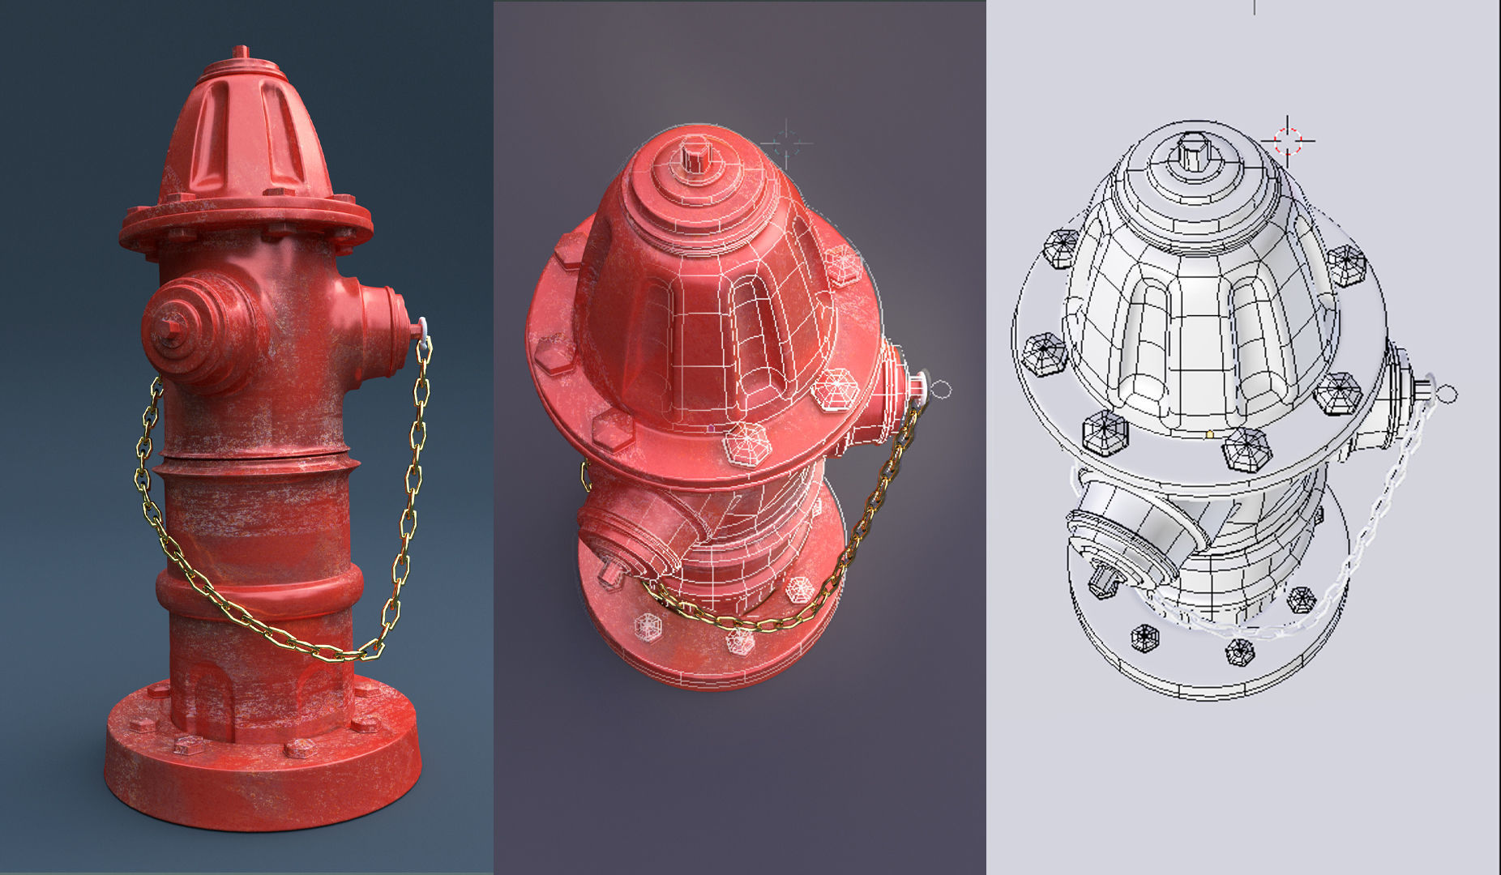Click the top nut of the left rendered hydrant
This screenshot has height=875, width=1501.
pos(240,53)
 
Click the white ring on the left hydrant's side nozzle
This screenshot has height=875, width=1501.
pos(422,329)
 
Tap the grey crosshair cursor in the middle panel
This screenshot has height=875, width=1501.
pos(785,145)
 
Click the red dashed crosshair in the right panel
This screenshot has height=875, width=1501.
pos(1288,140)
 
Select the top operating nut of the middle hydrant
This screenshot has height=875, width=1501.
pos(693,154)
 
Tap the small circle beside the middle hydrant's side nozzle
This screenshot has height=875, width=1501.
pos(939,391)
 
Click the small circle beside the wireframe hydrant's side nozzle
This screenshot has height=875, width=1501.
pos(1447,395)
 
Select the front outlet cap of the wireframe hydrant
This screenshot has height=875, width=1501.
pos(1123,559)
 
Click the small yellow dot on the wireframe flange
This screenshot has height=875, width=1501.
pos(1210,434)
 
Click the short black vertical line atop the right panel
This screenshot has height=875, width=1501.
pos(1254,6)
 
